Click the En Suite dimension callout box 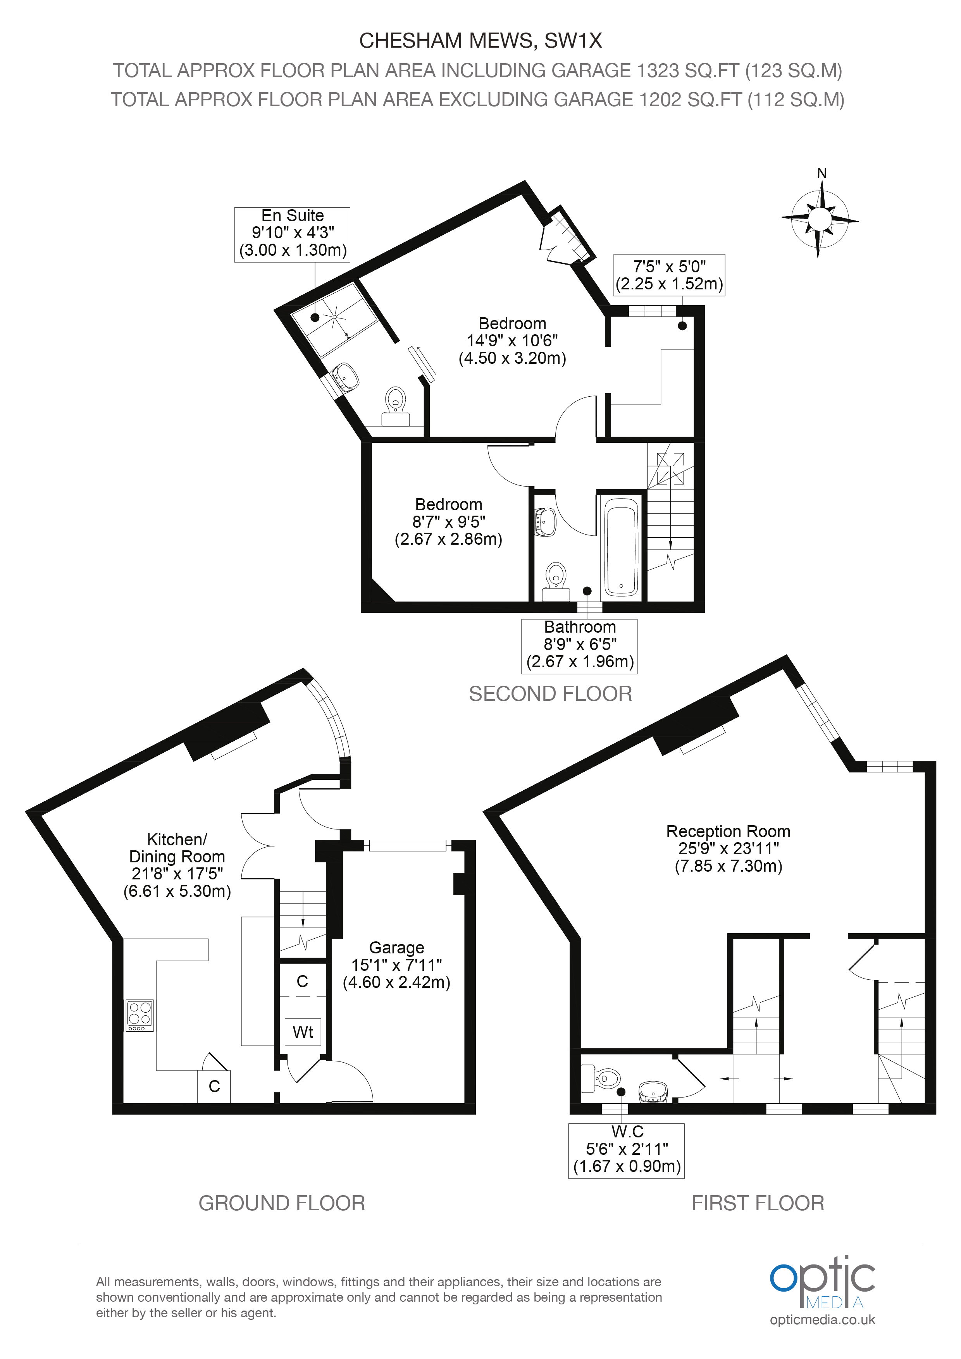(x=293, y=234)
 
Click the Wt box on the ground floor (x=303, y=1032)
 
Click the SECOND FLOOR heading (x=551, y=694)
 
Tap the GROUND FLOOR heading (x=282, y=1203)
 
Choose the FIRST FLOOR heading (x=758, y=1203)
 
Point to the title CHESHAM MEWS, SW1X (x=481, y=40)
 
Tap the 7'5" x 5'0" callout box (x=669, y=275)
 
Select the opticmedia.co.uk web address (x=822, y=1320)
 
